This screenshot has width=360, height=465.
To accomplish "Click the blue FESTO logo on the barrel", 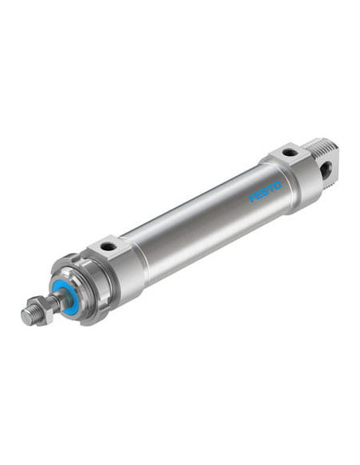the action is coord(265,192).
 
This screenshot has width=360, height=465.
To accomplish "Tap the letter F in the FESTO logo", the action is coord(252,198).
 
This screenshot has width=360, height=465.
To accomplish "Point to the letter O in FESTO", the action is coord(277,186).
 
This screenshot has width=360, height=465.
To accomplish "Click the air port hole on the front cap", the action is coord(107,246).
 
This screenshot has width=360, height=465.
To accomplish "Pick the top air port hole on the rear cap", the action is coord(290,153).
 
